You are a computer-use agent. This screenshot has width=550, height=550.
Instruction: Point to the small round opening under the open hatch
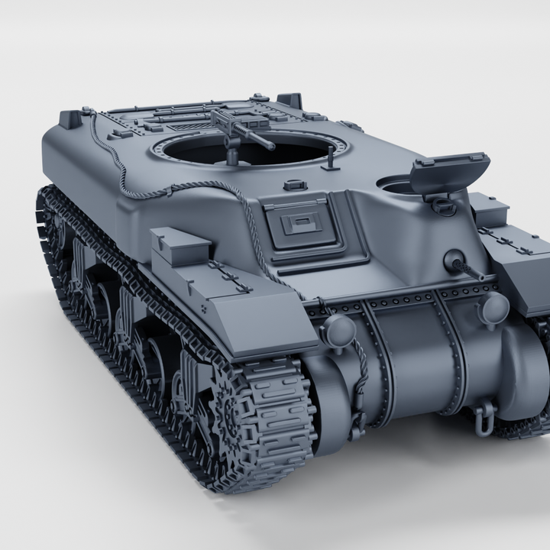(x=396, y=185)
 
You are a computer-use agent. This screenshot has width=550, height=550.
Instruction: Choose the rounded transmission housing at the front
(x=412, y=359)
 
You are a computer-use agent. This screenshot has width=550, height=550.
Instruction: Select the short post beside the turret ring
(x=331, y=160)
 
